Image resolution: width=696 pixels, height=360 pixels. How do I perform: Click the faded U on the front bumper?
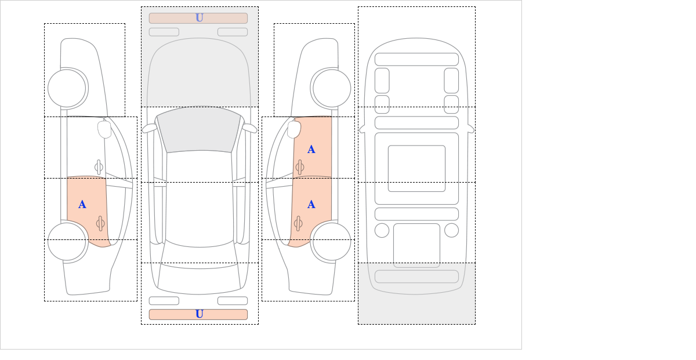(200, 18)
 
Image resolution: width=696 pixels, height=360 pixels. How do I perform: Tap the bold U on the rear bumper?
(200, 314)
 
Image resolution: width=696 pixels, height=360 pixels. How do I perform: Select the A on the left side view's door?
(82, 205)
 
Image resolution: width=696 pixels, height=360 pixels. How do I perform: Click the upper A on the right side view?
(311, 150)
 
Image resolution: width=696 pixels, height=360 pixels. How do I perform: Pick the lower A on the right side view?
(311, 205)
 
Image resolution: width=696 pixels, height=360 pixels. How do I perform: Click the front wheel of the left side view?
(67, 88)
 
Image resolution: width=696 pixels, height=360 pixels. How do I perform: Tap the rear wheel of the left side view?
(67, 241)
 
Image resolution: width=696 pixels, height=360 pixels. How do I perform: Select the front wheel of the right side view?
(332, 88)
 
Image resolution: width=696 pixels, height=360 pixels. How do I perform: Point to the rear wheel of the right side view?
(332, 241)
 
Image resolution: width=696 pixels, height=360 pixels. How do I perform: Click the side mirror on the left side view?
(104, 129)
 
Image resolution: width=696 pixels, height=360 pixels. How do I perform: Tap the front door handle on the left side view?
(99, 167)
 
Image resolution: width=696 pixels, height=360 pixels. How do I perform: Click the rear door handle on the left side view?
(100, 223)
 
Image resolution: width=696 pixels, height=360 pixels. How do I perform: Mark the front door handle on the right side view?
(300, 167)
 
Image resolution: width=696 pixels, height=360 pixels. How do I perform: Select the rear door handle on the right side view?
(298, 223)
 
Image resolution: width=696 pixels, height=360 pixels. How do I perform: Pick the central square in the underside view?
(416, 168)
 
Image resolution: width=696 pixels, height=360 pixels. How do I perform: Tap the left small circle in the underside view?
(382, 230)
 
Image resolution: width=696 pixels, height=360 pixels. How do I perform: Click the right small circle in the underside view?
(451, 230)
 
